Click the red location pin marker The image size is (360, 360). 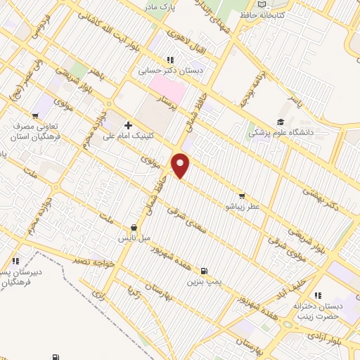[181, 166]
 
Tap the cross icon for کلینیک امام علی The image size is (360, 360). [127, 125]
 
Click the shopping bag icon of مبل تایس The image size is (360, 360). [134, 227]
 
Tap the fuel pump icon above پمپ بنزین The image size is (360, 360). [204, 271]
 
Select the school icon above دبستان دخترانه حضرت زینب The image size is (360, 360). [317, 295]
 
